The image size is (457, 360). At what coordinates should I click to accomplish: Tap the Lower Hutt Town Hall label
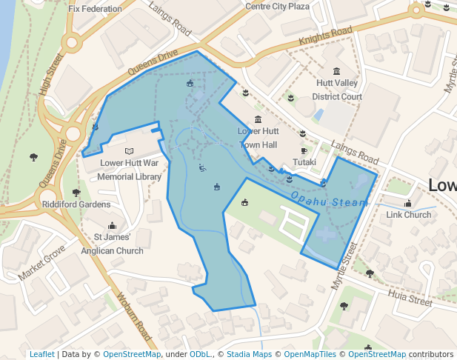(x=258, y=138)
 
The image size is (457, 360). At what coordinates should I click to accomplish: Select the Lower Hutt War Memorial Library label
(x=130, y=170)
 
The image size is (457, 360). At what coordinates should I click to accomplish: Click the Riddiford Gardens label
(x=76, y=204)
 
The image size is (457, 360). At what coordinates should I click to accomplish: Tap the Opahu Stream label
(x=329, y=200)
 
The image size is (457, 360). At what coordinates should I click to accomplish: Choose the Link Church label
(x=409, y=215)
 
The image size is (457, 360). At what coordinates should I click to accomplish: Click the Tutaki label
(x=304, y=162)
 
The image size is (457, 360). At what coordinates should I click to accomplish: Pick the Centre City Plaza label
(x=278, y=7)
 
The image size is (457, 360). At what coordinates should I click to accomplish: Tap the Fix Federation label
(x=95, y=10)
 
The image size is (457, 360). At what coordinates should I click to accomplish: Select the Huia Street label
(x=408, y=298)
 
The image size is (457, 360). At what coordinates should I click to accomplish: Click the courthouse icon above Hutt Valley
(x=337, y=71)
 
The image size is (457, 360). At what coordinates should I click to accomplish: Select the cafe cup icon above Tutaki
(x=304, y=151)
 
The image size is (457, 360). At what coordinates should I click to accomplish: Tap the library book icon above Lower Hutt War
(x=110, y=150)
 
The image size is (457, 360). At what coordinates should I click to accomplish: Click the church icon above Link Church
(x=408, y=203)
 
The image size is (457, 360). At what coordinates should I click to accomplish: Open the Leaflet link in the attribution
(x=41, y=354)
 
